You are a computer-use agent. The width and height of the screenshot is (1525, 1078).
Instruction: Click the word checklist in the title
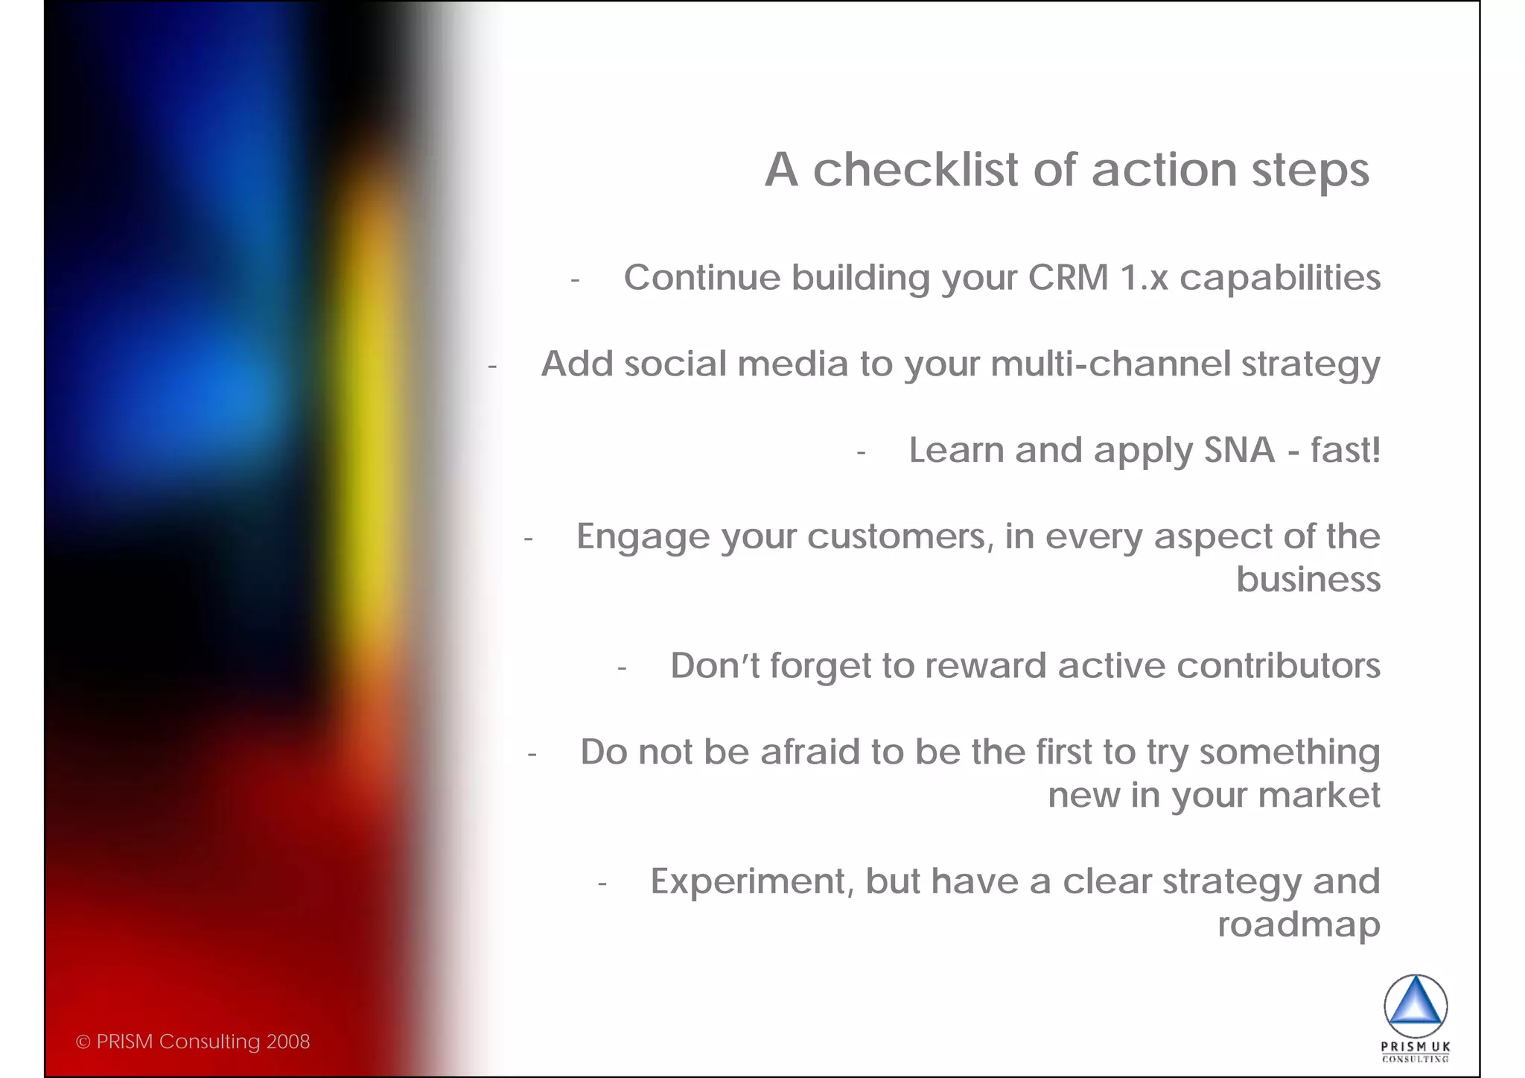(x=914, y=170)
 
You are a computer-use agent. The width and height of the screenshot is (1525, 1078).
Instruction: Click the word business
(x=1308, y=580)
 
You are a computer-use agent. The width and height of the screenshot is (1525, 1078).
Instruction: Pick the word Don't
(x=714, y=666)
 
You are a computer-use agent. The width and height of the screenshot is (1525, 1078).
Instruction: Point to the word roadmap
(x=1299, y=925)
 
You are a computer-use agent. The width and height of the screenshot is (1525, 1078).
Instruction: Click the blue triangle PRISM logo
(x=1416, y=1005)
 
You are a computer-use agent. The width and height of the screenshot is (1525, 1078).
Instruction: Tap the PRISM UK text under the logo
(x=1416, y=1047)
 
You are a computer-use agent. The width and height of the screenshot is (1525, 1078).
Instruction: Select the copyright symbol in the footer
(x=83, y=1042)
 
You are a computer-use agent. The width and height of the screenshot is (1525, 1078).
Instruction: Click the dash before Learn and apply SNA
(x=862, y=452)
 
